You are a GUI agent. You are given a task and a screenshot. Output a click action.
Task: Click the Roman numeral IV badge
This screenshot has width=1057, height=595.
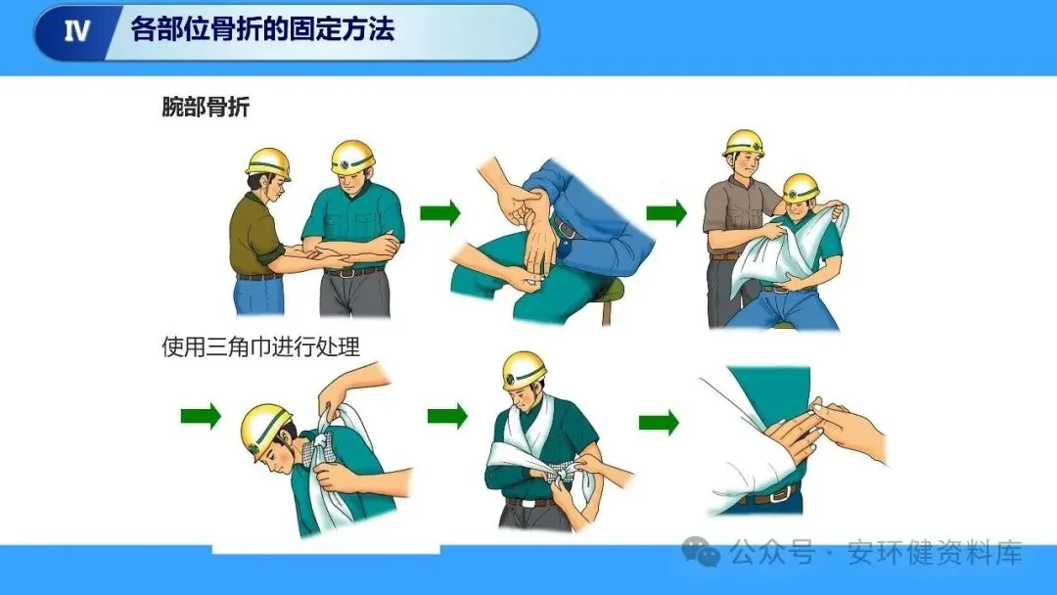76,30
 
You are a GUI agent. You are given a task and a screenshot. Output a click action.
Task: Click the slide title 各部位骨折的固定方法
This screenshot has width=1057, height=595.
261,29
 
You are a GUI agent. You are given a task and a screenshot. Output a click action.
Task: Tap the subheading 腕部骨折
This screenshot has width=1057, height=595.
206,107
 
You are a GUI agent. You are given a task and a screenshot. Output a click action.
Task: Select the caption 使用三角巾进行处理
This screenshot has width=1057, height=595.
261,346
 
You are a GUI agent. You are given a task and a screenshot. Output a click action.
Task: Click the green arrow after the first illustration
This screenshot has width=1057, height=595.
440,213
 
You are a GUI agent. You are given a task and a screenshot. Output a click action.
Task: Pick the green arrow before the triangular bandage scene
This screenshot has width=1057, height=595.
666,213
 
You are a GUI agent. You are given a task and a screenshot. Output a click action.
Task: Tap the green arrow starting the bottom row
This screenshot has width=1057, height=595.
201,416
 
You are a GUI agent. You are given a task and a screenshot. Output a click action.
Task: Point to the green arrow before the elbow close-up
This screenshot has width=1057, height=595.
659,423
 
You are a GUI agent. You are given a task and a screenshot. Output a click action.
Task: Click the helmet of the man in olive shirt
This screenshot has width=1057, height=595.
269,163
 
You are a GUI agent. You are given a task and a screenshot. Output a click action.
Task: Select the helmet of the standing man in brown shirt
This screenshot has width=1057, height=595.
744,143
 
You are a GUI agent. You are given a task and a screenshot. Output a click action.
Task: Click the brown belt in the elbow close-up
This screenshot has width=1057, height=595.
768,495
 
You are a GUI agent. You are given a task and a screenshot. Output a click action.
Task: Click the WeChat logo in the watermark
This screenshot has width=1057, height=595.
701,552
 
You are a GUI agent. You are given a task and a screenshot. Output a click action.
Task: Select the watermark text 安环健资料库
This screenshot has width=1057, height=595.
935,553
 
